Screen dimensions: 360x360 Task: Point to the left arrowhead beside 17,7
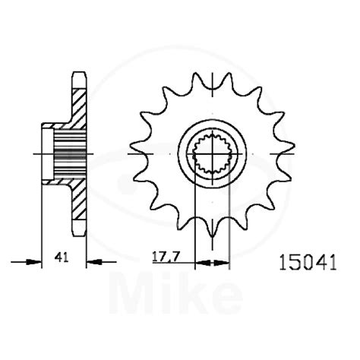(x=190, y=264)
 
